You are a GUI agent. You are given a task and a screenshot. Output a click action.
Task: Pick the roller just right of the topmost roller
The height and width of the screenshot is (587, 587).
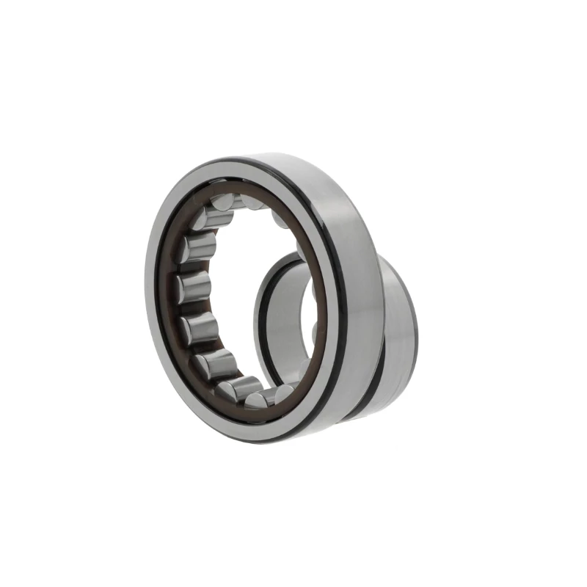click(253, 201)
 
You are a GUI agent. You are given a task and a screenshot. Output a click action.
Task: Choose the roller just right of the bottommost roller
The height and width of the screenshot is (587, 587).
click(282, 393)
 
